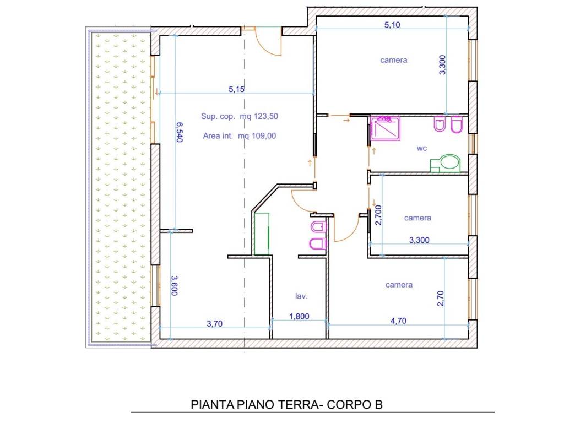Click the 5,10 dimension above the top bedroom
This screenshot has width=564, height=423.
click(x=392, y=25)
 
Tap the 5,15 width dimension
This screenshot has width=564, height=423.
click(x=236, y=89)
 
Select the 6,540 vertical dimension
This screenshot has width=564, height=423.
click(x=180, y=132)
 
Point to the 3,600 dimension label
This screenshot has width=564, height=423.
click(x=174, y=286)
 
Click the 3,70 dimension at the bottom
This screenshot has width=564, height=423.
click(x=214, y=324)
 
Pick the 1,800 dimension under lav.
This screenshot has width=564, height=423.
click(x=299, y=317)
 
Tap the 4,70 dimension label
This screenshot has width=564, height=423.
click(x=399, y=321)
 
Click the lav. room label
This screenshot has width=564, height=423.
click(x=301, y=296)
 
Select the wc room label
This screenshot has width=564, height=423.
click(x=422, y=148)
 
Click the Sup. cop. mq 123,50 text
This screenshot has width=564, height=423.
click(x=240, y=116)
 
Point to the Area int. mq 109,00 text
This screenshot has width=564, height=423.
click(x=240, y=135)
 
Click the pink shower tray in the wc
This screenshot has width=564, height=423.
click(x=385, y=128)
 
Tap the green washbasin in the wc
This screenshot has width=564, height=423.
click(x=446, y=163)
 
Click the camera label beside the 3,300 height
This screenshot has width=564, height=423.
click(x=393, y=60)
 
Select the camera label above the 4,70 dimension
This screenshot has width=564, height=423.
click(x=399, y=285)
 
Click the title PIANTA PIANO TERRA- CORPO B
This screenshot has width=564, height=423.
click(x=286, y=405)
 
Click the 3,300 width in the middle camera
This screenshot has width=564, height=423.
click(x=419, y=240)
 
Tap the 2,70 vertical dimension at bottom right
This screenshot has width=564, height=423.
click(x=440, y=298)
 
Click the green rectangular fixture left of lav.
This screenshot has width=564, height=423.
click(x=262, y=234)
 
